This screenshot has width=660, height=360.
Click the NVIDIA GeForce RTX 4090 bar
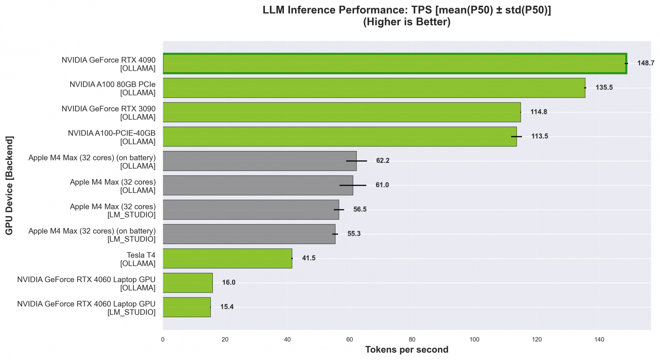point(394,63)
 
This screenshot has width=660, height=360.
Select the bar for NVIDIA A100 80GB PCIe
point(374,88)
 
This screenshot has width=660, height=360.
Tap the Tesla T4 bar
point(227,258)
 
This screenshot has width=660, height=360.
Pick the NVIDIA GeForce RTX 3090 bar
point(341,112)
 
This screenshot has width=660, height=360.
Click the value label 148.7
point(646,63)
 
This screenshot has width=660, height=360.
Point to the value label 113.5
point(539,136)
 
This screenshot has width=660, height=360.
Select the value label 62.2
point(382,161)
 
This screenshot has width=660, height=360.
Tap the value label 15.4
point(227,307)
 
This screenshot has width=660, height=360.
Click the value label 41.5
point(308,258)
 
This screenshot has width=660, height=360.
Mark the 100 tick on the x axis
point(474,339)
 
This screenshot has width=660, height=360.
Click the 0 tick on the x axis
point(163,339)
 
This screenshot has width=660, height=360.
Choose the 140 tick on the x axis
point(599,339)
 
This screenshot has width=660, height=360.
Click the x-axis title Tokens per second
point(407,350)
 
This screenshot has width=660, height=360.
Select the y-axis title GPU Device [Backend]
point(9,185)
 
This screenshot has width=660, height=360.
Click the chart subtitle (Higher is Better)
point(407,22)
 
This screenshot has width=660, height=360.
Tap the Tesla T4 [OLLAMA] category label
point(138,259)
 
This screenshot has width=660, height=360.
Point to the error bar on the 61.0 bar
point(353,185)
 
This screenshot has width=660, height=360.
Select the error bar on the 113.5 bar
point(517,137)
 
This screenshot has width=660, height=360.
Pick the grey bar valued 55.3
point(249,234)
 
